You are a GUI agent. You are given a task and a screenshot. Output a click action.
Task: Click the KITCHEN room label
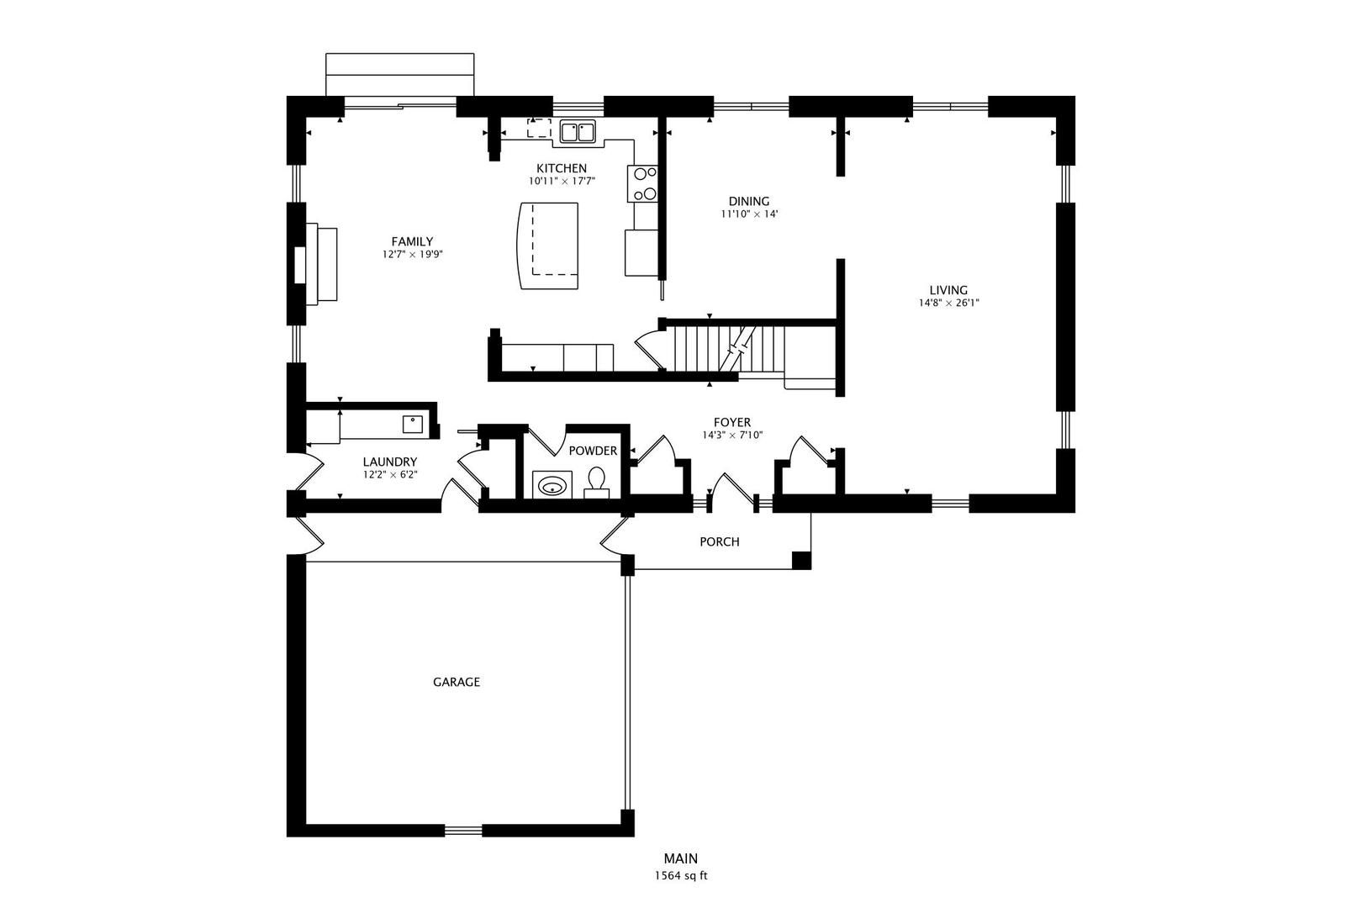(562, 168)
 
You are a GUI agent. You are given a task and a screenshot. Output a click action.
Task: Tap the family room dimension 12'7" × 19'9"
(412, 254)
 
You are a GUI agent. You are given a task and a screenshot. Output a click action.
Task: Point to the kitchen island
(549, 245)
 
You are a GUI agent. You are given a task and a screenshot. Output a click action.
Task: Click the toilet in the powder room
(597, 481)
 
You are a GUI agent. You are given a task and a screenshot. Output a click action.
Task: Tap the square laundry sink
(413, 424)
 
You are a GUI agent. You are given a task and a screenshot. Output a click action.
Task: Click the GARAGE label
(457, 682)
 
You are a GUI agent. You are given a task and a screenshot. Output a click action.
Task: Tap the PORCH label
(720, 542)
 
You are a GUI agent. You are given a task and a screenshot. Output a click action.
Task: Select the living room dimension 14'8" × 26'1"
(948, 303)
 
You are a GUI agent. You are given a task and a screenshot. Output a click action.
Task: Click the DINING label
(748, 201)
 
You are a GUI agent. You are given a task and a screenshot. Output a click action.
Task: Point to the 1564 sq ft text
(681, 875)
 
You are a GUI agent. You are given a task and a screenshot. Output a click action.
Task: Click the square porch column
(801, 560)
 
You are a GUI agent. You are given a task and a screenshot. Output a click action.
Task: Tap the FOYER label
(731, 422)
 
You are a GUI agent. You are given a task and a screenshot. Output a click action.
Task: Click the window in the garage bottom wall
(463, 831)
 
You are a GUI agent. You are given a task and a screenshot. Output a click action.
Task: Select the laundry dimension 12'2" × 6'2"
(390, 474)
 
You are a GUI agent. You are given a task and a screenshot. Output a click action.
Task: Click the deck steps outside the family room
(400, 75)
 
